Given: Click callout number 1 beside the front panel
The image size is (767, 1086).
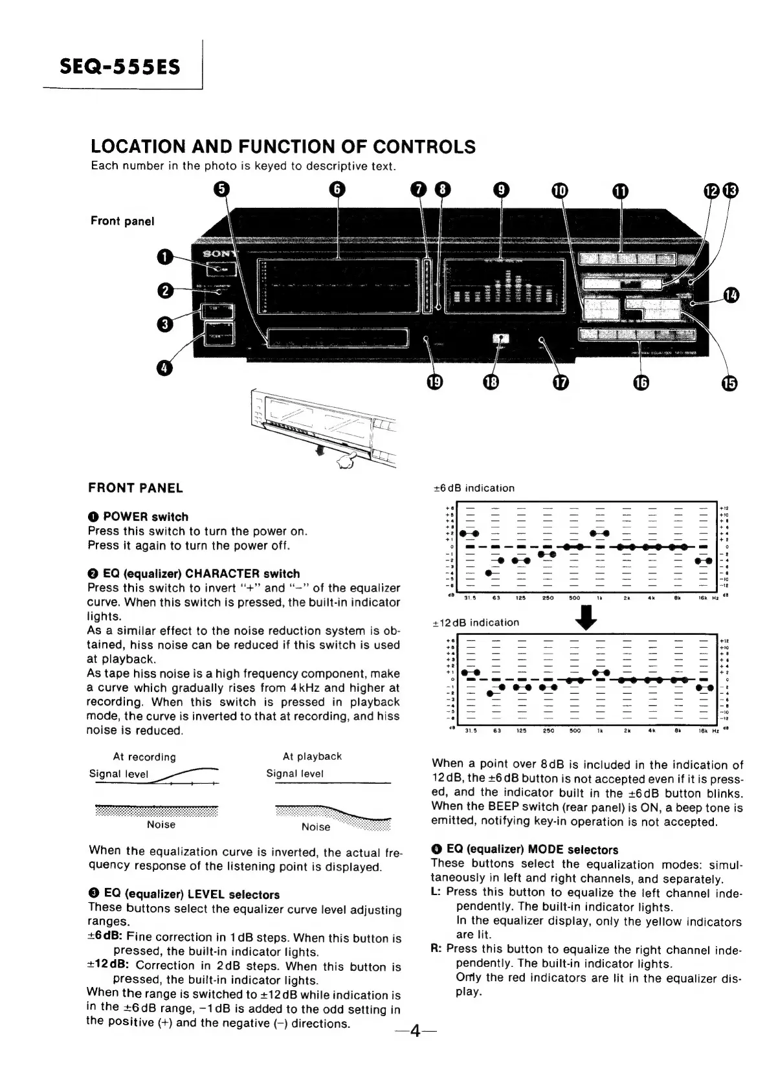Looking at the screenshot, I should coord(166,258).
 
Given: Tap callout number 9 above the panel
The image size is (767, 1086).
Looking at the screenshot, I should coord(501,190).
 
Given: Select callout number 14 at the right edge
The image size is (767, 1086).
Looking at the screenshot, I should coord(731,295).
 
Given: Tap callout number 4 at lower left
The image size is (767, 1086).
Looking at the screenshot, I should coord(165,367).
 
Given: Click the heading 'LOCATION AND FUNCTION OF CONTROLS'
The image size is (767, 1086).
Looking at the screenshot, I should coord(283,147).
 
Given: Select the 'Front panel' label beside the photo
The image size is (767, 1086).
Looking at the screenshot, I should coord(122,221).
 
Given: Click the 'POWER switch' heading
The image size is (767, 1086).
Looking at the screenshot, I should coord(146,517).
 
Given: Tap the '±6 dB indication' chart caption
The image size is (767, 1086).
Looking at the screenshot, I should coord(473,489).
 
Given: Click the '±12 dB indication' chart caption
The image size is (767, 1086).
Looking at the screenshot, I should coord(476,623).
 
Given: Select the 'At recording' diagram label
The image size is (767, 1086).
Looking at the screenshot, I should coord(144,757).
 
